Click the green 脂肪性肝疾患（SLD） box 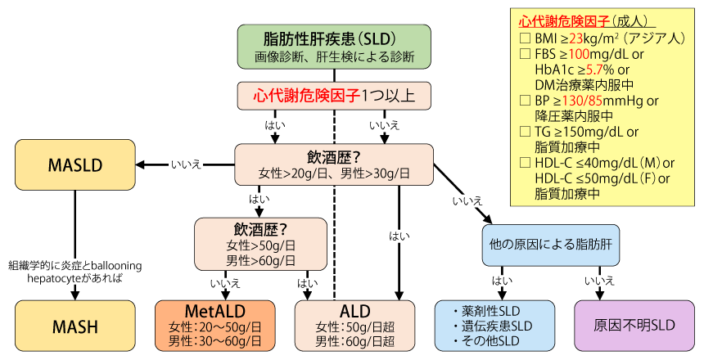click(334, 46)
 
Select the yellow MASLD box click(75, 164)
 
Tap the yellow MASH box click(75, 326)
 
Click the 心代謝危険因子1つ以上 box click(334, 95)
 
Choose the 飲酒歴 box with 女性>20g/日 click(334, 164)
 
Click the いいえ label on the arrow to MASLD click(186, 164)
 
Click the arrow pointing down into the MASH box click(75, 292)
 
